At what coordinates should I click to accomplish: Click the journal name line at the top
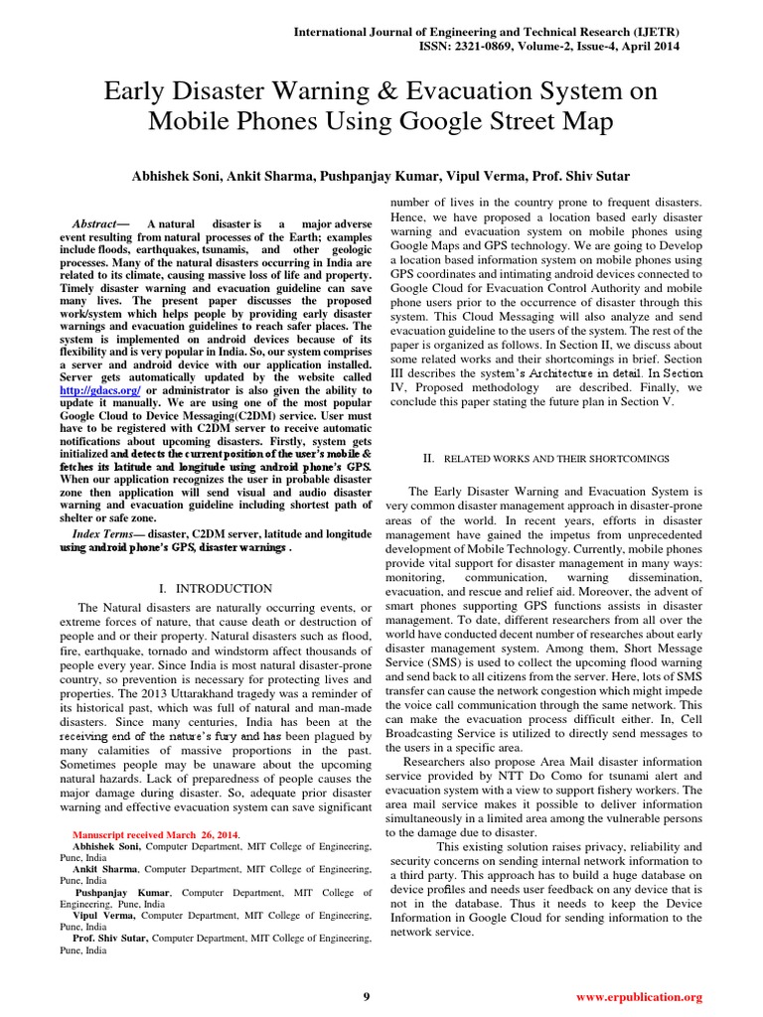(487, 32)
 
